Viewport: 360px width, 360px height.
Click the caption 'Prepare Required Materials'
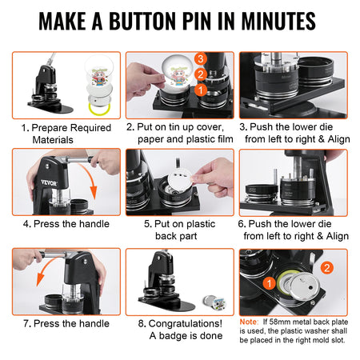63,133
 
